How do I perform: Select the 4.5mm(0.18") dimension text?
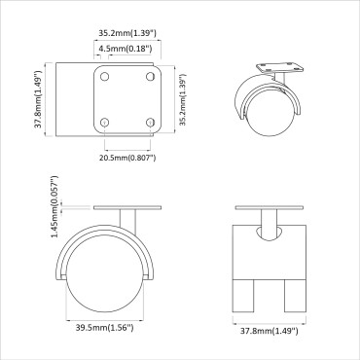pos(128,47)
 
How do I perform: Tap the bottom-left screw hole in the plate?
pos(104,122)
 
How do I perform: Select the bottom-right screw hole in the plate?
pos(150,122)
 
